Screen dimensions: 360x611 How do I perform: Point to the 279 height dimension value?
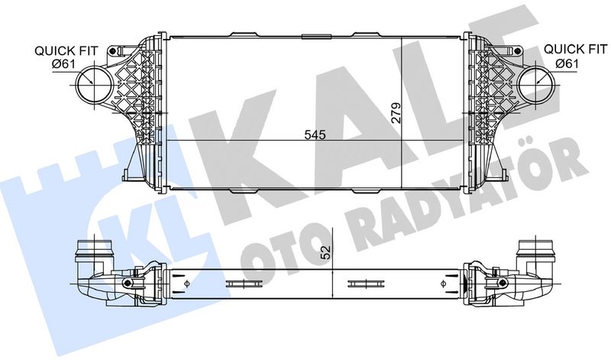[396, 114]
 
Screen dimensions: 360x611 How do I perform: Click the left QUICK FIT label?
[66, 50]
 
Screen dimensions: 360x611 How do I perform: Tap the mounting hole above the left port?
[115, 52]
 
